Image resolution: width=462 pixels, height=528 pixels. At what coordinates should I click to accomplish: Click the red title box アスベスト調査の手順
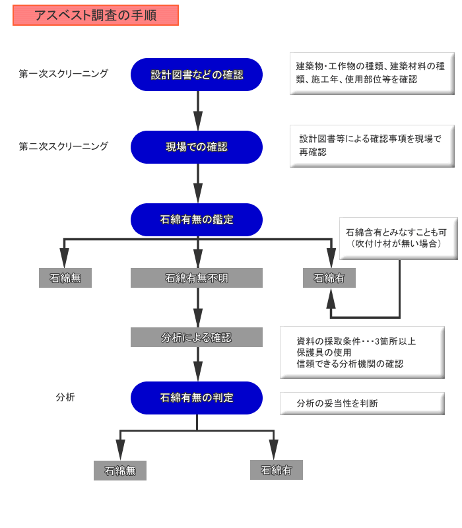[96, 15]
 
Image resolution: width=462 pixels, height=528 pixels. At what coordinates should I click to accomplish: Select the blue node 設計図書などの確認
[197, 75]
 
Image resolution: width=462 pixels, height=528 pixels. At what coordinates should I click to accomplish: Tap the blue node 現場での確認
[197, 147]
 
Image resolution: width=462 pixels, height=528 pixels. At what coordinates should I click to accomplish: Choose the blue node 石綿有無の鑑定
[197, 220]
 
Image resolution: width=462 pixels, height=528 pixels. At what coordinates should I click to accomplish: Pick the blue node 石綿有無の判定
[197, 398]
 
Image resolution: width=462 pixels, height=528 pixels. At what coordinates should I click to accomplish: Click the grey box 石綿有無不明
[197, 278]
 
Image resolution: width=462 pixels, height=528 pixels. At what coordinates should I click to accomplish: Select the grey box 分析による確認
[197, 337]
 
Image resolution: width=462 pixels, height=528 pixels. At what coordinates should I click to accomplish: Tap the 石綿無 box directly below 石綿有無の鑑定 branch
[65, 278]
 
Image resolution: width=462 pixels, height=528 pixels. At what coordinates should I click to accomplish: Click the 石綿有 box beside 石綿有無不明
[329, 278]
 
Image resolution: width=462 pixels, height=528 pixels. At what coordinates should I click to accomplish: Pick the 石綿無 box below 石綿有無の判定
[120, 471]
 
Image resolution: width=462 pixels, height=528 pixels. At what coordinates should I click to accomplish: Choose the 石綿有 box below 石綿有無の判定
[277, 470]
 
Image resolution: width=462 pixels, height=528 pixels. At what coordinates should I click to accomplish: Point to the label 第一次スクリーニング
[63, 74]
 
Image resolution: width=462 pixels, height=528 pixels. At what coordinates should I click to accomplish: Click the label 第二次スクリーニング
[63, 147]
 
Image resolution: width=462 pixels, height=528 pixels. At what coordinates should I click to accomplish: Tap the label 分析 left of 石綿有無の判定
[65, 397]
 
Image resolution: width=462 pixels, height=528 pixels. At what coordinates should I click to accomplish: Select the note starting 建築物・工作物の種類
[372, 73]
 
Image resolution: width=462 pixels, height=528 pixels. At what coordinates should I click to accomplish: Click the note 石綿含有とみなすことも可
[398, 238]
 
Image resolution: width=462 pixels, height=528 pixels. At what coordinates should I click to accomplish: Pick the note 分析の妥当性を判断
[362, 403]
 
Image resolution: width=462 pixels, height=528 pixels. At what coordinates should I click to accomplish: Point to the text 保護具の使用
[324, 352]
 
